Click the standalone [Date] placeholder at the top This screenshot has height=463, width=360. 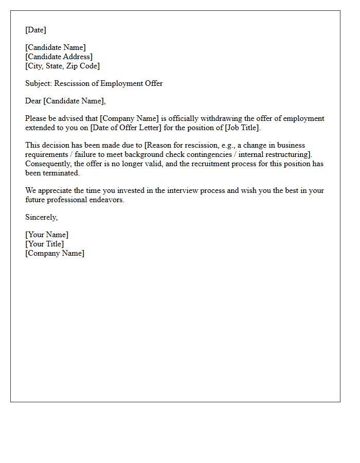35,30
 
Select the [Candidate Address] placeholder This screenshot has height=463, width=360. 59,57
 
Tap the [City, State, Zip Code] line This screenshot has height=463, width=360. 62,66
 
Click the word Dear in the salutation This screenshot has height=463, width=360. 33,101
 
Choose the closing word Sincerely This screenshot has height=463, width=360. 41,217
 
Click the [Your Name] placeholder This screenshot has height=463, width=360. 47,235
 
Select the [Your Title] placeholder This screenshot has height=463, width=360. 45,244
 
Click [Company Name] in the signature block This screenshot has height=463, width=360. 55,253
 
